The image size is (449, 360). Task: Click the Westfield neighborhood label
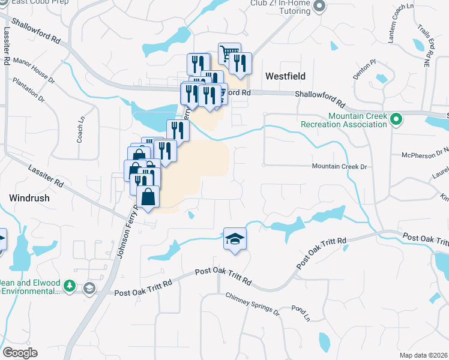[285, 76]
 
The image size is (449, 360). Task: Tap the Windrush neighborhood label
[29, 197]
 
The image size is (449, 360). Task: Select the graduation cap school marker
[235, 238]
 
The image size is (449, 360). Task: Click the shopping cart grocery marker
[228, 54]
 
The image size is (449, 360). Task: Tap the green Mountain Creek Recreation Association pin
[396, 120]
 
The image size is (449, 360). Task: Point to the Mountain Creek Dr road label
[339, 166]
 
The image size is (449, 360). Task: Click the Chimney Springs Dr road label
[252, 304]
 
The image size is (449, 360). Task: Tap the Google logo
[20, 353]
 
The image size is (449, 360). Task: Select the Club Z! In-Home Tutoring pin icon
[319, 7]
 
